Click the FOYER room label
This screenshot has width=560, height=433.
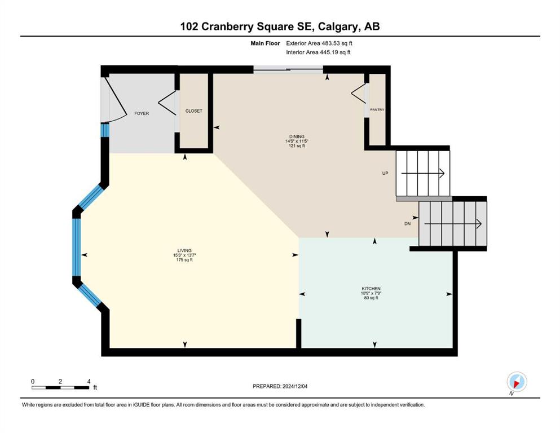pos(142,113)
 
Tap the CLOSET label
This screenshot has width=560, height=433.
pos(193,111)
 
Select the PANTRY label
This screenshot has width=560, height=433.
pos(377,109)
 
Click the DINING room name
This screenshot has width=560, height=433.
pos(297,136)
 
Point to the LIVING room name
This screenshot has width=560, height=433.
pos(184,250)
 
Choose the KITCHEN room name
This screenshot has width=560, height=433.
pos(371,289)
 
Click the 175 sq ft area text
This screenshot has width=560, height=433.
pos(184,260)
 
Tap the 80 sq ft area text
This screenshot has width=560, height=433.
pos(371,298)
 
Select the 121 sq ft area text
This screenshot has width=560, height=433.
pos(297,145)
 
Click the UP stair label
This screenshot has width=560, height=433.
pos(385,173)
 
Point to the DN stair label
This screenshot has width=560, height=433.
pos(408,224)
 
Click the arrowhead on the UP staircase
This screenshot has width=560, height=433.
pos(442,173)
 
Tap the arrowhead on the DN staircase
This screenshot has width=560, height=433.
pos(479,224)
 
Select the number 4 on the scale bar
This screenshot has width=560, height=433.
pos(89,381)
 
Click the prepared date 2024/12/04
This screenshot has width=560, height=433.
pos(294,386)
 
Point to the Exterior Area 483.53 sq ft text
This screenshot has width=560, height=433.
pos(319,43)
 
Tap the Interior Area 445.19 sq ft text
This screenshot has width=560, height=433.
pos(318,52)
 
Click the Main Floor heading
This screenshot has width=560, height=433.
pos(265,43)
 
